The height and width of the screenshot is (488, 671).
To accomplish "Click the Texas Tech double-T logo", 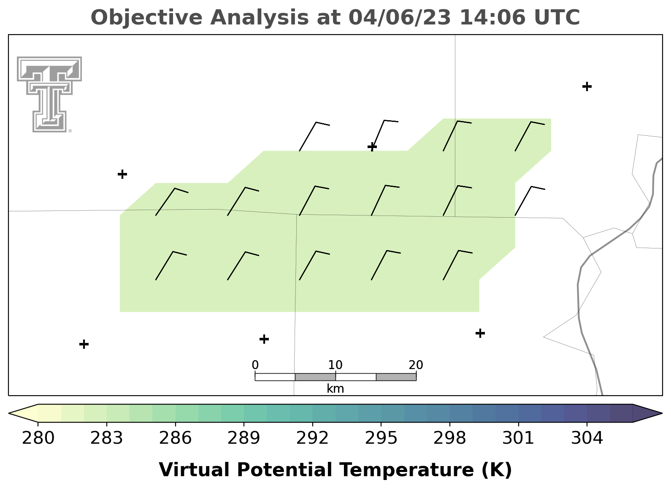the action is tap(49, 94).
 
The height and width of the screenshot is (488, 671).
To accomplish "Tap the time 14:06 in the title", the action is tap(492, 17).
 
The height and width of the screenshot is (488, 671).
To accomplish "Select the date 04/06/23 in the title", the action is tap(400, 18).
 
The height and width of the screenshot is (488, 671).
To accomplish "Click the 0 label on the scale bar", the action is tap(255, 365).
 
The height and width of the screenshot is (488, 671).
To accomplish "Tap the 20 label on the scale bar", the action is tap(416, 365).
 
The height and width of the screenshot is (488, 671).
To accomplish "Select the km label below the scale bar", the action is tap(335, 388).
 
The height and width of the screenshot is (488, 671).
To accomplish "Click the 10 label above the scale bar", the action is tap(335, 365).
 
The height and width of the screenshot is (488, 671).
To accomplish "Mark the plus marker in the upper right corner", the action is tap(587, 86).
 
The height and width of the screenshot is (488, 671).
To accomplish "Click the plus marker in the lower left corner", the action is tap(84, 344).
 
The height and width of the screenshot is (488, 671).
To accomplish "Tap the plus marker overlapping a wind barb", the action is tap(372, 147).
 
